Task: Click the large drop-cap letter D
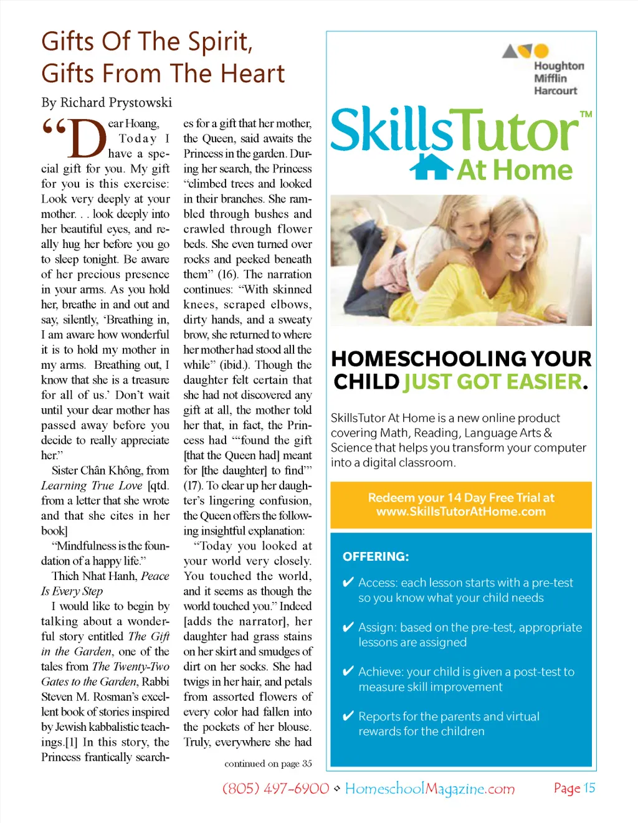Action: click(87, 138)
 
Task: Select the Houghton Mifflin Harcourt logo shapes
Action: click(526, 51)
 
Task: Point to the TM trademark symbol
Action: click(586, 115)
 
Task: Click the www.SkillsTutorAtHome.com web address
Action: click(461, 511)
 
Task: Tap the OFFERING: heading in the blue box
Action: click(376, 556)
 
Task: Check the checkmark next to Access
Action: click(349, 583)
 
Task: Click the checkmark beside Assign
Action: click(349, 627)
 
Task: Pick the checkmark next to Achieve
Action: click(349, 672)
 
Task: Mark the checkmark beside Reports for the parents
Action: click(349, 716)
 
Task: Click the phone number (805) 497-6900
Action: click(275, 789)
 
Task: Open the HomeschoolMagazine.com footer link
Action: click(430, 789)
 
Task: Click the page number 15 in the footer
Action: click(589, 788)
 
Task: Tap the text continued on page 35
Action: click(268, 764)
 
